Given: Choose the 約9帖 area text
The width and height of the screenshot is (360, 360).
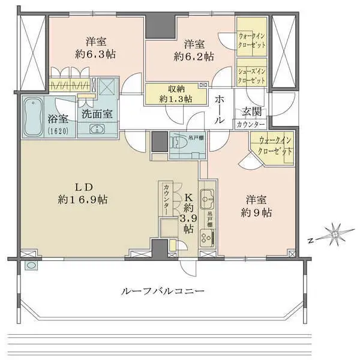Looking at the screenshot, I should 259,212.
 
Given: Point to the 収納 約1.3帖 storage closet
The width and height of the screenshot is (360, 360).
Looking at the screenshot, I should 176,93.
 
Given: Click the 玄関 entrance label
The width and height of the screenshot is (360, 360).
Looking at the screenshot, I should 250,112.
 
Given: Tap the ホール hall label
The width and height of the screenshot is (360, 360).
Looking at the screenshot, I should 220,109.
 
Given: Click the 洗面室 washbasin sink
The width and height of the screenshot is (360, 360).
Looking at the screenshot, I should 95,128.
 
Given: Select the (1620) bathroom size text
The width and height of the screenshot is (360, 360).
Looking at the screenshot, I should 37,130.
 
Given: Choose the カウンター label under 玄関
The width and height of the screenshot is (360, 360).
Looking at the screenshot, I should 250,124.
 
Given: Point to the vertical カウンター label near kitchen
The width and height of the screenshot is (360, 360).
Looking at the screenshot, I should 166,199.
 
